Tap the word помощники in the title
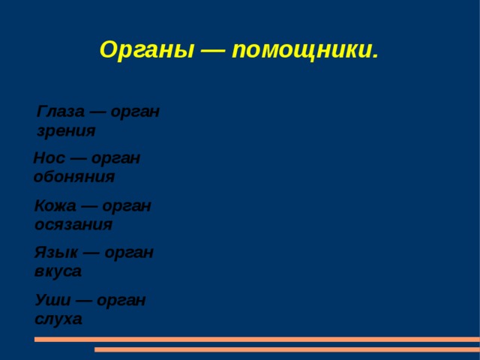pos(304,50)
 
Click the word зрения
pos(66,130)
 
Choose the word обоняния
pos(74,177)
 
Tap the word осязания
pos(73,224)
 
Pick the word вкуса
pos(58,271)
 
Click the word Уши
pos(52,300)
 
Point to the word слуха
pos(58,319)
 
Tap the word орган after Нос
pos(116,158)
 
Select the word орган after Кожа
pos(127,205)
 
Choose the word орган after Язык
pos(129,253)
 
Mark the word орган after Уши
pos(121,300)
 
